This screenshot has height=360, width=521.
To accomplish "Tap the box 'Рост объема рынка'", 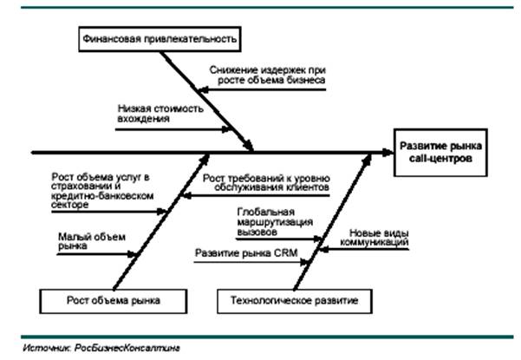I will point(114,300).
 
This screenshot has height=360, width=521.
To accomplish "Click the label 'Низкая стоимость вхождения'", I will point(160,115).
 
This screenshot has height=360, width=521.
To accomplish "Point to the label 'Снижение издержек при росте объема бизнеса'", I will point(266,75).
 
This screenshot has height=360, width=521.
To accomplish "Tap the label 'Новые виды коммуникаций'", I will point(380,238).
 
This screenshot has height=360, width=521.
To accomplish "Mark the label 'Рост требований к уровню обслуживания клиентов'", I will point(266,183).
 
